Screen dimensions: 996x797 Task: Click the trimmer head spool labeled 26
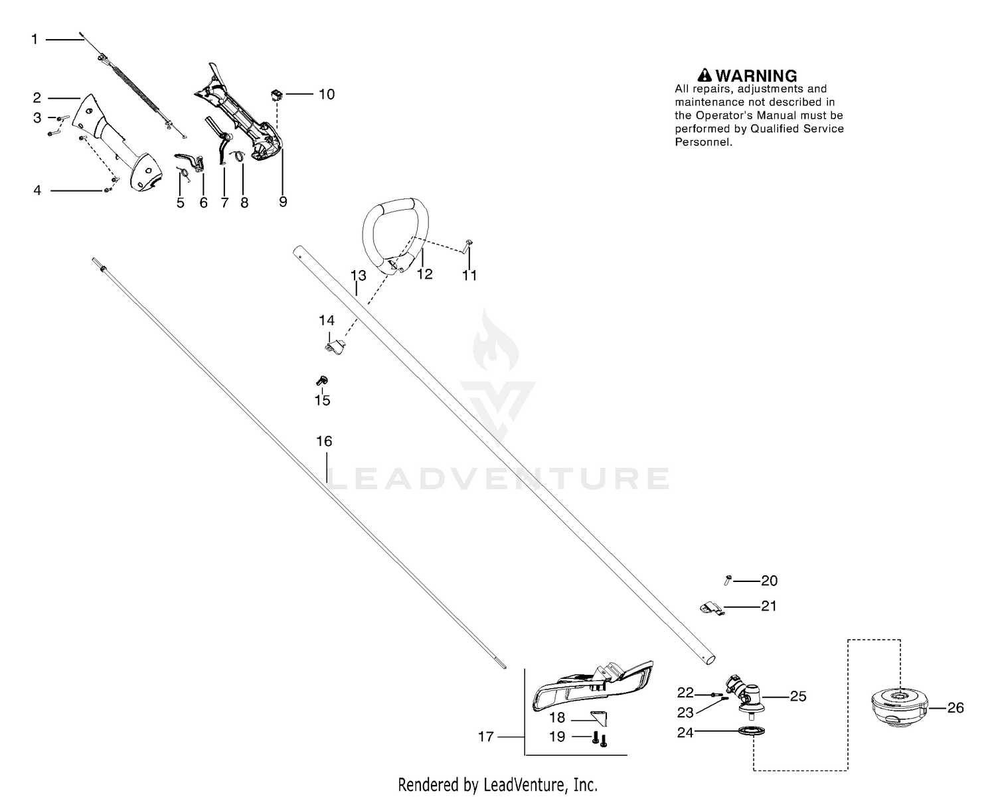[x=899, y=708]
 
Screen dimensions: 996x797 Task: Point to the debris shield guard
[x=593, y=686]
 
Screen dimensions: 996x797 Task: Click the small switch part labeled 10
[x=276, y=96]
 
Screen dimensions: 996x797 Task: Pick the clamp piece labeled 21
[x=712, y=608]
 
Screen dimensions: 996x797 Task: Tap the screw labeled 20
[x=728, y=580]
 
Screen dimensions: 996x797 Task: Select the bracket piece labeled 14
[x=335, y=346]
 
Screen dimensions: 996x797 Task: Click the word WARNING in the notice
[x=756, y=76]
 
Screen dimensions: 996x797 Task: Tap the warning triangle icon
[x=705, y=75]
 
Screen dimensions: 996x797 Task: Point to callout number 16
[x=325, y=441]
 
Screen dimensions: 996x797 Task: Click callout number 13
[x=358, y=275]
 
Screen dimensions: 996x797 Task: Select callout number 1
[x=35, y=39]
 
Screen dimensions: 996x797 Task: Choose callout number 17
[x=486, y=737]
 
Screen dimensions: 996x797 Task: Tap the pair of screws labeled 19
[x=599, y=739]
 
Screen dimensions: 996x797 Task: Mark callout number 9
[x=283, y=202]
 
